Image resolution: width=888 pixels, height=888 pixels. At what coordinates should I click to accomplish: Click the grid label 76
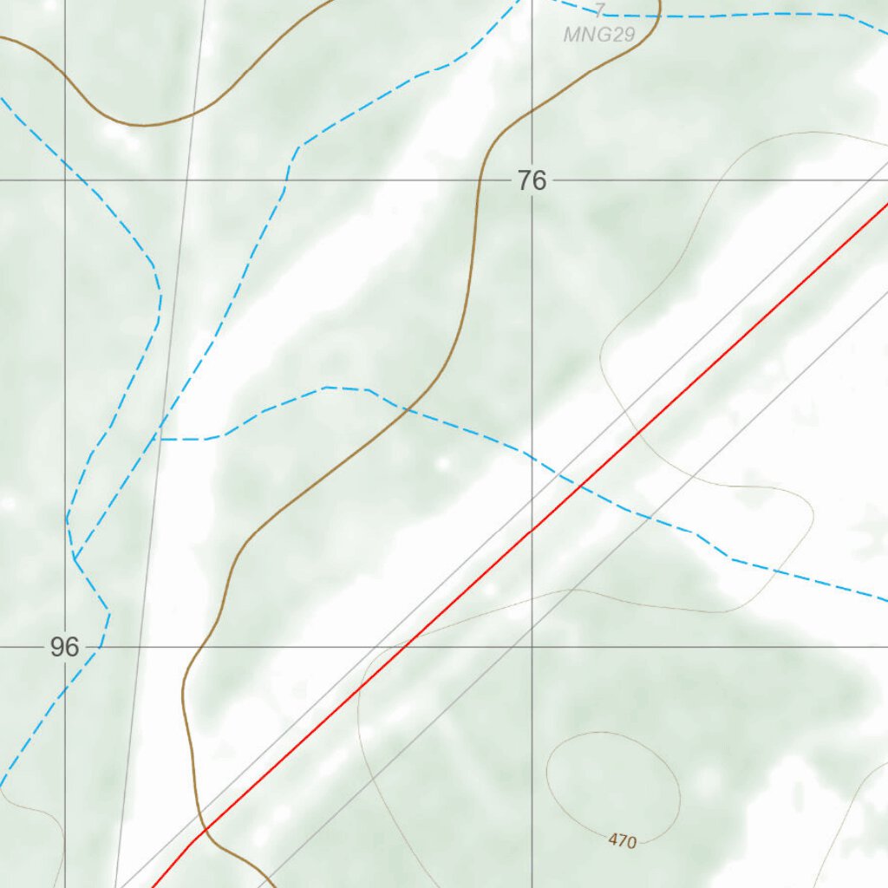click(532, 180)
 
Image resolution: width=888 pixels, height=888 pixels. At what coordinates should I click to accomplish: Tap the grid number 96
click(64, 647)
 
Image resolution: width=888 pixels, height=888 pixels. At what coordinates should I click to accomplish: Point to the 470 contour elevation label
click(623, 840)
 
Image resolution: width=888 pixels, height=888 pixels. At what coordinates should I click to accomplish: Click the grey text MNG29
click(599, 36)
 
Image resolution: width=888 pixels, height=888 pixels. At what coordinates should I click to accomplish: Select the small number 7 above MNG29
click(599, 10)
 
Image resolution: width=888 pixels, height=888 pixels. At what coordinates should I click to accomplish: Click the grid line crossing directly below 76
click(532, 647)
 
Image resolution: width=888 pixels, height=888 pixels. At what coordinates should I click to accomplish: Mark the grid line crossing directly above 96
click(65, 180)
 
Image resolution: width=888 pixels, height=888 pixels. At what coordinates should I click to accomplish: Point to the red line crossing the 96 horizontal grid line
click(406, 647)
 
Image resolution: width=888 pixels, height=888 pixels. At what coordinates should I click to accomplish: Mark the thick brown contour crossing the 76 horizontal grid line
click(480, 180)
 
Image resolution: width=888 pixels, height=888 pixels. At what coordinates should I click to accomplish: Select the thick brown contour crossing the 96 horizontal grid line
click(193, 647)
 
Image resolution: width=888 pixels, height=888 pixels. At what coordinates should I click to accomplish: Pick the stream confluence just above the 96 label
click(75, 558)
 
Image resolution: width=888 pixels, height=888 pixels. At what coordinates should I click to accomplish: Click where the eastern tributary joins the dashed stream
click(160, 439)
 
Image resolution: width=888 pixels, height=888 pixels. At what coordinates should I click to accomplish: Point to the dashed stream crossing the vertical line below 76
click(532, 456)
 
